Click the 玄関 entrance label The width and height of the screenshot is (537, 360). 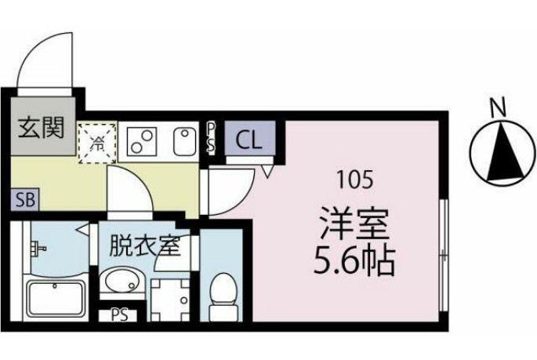[x=41, y=127]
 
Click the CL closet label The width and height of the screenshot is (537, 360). [x=249, y=141]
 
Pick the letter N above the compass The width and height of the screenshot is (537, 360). [x=496, y=105]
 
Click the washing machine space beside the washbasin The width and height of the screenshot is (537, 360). [x=171, y=299]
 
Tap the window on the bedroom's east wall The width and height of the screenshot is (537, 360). [x=443, y=253]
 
